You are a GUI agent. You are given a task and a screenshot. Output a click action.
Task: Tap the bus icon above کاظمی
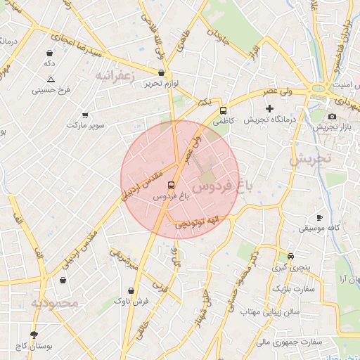[x=224, y=110]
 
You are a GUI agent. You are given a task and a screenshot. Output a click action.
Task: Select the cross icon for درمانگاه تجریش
[x=269, y=108]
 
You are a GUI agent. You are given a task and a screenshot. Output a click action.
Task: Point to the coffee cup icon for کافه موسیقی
[x=319, y=218]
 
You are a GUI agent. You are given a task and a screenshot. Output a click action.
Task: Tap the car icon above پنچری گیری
[x=290, y=256]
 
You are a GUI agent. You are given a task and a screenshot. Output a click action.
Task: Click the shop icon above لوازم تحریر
[x=162, y=72]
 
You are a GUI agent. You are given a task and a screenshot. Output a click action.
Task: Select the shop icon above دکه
[x=49, y=53]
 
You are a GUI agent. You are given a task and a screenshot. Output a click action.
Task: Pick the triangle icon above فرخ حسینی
[x=51, y=79]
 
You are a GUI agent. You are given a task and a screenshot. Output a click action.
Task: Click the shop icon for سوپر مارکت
[x=85, y=115]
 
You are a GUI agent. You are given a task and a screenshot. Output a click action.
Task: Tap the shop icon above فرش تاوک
[x=131, y=290]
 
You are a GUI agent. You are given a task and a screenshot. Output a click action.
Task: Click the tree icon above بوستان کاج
[x=34, y=335]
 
